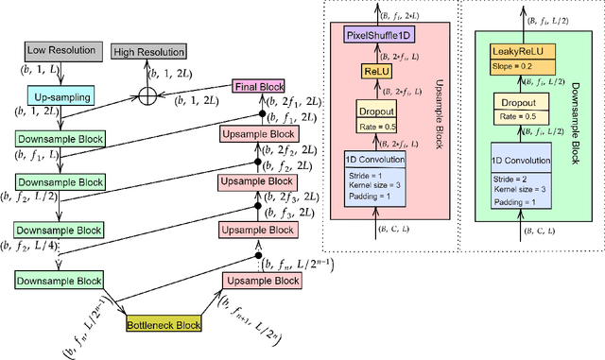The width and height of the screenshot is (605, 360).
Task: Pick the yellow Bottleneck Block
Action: (163, 326)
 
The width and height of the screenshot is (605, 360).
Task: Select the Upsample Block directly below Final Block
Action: (257, 133)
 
